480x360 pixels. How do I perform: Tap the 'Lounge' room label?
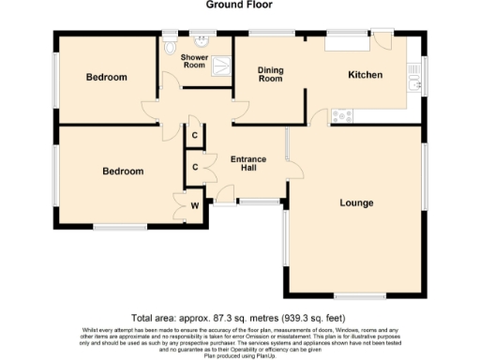click(356, 202)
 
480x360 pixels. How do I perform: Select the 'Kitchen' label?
click(365, 75)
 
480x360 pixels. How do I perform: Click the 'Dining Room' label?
click(270, 75)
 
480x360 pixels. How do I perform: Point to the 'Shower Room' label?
click(194, 61)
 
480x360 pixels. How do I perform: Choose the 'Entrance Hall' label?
click(247, 165)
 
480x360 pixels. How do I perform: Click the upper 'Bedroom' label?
click(106, 78)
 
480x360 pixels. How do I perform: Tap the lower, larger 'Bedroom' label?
click(123, 172)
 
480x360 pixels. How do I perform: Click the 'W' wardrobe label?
click(195, 204)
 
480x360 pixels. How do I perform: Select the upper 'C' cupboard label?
click(194, 136)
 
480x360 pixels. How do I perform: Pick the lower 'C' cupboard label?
click(194, 167)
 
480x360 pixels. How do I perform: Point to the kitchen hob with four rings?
click(339, 116)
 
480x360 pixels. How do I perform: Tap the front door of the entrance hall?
click(224, 194)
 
